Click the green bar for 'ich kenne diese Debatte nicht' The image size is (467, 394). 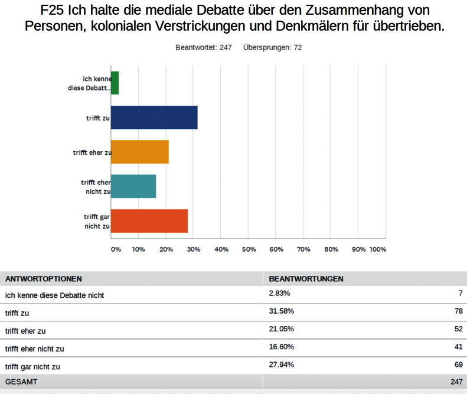[x=115, y=83]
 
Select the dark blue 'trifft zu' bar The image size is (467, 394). [x=154, y=118]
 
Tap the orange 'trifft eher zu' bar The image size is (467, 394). [x=140, y=152]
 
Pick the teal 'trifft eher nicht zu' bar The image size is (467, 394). [x=133, y=186]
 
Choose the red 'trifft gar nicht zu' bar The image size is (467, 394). [x=149, y=220]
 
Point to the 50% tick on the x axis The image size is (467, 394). [x=249, y=249]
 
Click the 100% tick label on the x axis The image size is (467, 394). [x=378, y=249]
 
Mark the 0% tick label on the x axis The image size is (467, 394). [x=116, y=249]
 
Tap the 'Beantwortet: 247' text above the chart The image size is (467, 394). [x=203, y=47]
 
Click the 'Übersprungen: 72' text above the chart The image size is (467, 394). [x=272, y=47]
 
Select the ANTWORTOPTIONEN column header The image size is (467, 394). [x=44, y=279]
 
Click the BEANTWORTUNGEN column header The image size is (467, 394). [x=306, y=279]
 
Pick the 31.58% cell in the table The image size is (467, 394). [x=282, y=311]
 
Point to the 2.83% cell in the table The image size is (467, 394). [x=280, y=294]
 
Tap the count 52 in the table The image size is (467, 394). [x=458, y=329]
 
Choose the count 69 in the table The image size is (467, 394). [x=458, y=364]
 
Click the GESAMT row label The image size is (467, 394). [x=21, y=382]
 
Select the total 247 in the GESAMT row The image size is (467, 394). [x=456, y=382]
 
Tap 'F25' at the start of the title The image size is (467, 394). [x=55, y=10]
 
